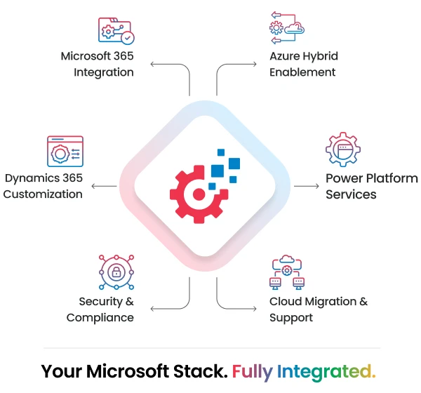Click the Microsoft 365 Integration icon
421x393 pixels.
pos(116,31)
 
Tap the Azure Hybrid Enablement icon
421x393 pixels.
pos(287,28)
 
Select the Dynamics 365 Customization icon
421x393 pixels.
pos(65,152)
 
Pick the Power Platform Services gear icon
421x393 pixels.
pos(343,149)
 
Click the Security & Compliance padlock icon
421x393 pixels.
pos(116,272)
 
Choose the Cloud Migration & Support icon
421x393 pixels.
pos(287,272)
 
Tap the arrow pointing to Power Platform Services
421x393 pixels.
pos(307,186)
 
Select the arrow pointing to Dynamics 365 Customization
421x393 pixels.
pos(104,186)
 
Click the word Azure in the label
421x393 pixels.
pos(285,56)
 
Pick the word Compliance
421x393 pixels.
pos(100,318)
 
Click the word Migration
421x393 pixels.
pos(330,302)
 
